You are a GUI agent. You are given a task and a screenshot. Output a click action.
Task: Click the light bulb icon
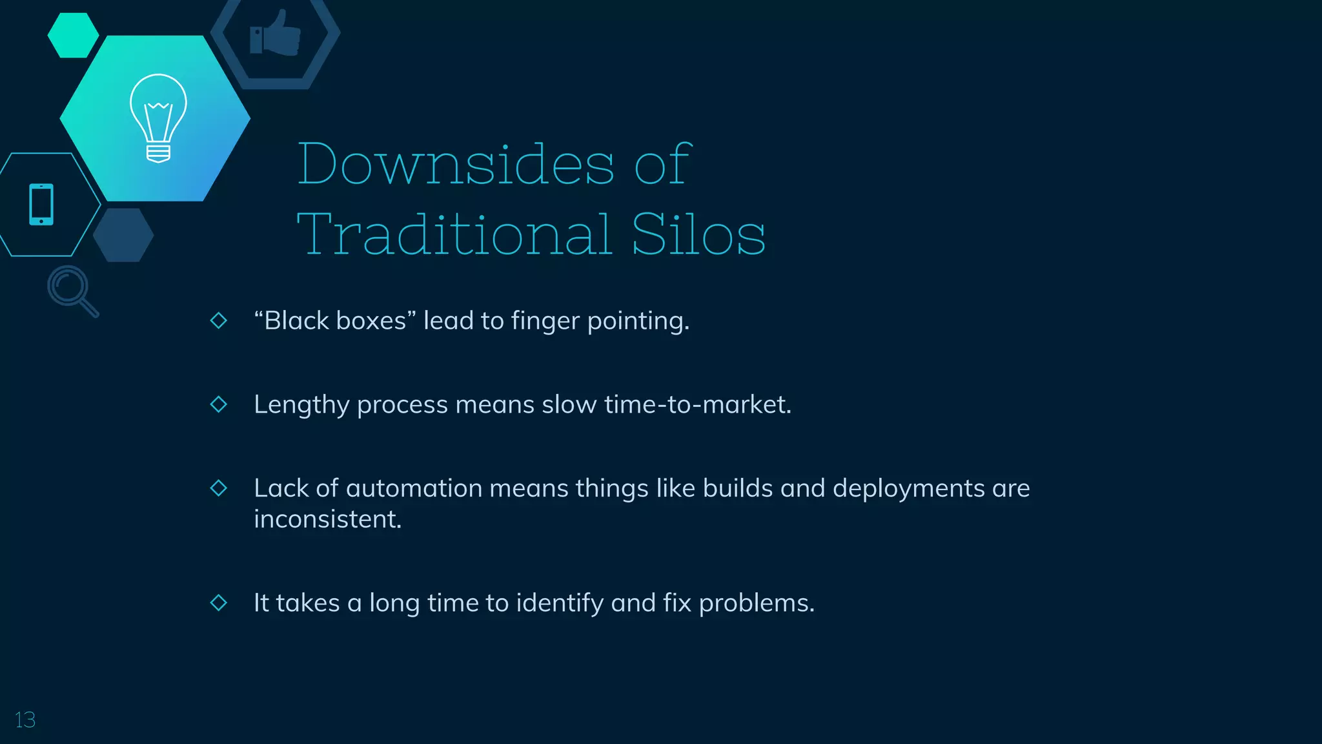click(x=158, y=118)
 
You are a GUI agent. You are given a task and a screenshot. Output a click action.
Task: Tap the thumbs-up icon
click(x=276, y=34)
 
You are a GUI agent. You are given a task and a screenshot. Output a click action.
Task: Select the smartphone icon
click(x=41, y=205)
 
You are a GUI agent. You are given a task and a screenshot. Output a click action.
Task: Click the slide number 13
click(x=25, y=719)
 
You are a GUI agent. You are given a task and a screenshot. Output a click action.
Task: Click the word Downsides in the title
click(x=455, y=164)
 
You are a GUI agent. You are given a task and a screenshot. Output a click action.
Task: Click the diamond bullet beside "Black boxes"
click(x=219, y=320)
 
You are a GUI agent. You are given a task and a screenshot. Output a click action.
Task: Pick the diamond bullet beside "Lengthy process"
click(x=219, y=404)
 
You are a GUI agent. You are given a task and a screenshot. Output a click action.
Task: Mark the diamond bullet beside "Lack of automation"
click(x=219, y=488)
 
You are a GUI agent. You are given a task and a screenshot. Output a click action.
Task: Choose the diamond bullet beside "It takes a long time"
click(x=219, y=603)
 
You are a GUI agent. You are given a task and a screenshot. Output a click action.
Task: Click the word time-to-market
click(x=697, y=405)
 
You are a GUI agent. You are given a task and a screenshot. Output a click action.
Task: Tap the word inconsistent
click(x=327, y=519)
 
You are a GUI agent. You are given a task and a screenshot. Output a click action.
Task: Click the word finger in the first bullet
click(x=545, y=321)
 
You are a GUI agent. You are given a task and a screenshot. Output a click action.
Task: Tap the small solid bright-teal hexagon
click(x=73, y=36)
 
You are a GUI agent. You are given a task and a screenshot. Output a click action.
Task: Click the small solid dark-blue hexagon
click(x=123, y=235)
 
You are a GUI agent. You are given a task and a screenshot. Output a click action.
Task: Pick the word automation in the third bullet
click(x=414, y=488)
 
